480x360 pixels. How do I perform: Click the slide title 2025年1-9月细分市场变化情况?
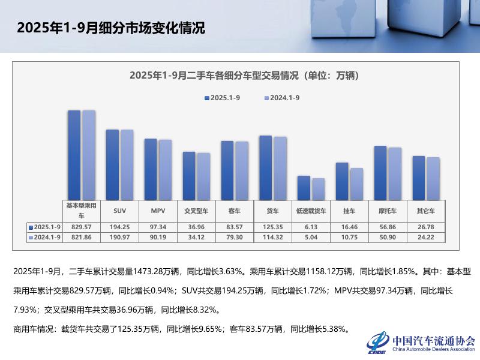[x=111, y=28]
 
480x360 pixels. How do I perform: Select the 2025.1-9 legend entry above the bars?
[x=224, y=97]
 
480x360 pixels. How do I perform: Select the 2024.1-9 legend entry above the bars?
[x=283, y=97]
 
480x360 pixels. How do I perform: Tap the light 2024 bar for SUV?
[x=127, y=164]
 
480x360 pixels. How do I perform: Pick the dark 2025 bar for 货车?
[x=265, y=167]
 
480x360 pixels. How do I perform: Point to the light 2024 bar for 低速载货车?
[x=318, y=188]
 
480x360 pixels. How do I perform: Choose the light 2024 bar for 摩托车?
[x=395, y=173]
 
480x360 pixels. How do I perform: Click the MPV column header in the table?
[x=158, y=211]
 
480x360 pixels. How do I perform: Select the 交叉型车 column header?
[x=196, y=211]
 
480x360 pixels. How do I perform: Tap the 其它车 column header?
[x=425, y=211]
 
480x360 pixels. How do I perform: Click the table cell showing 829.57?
[x=81, y=227]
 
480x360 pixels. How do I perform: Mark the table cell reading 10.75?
[x=349, y=238]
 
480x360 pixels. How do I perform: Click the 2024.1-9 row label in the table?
[x=46, y=238]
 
